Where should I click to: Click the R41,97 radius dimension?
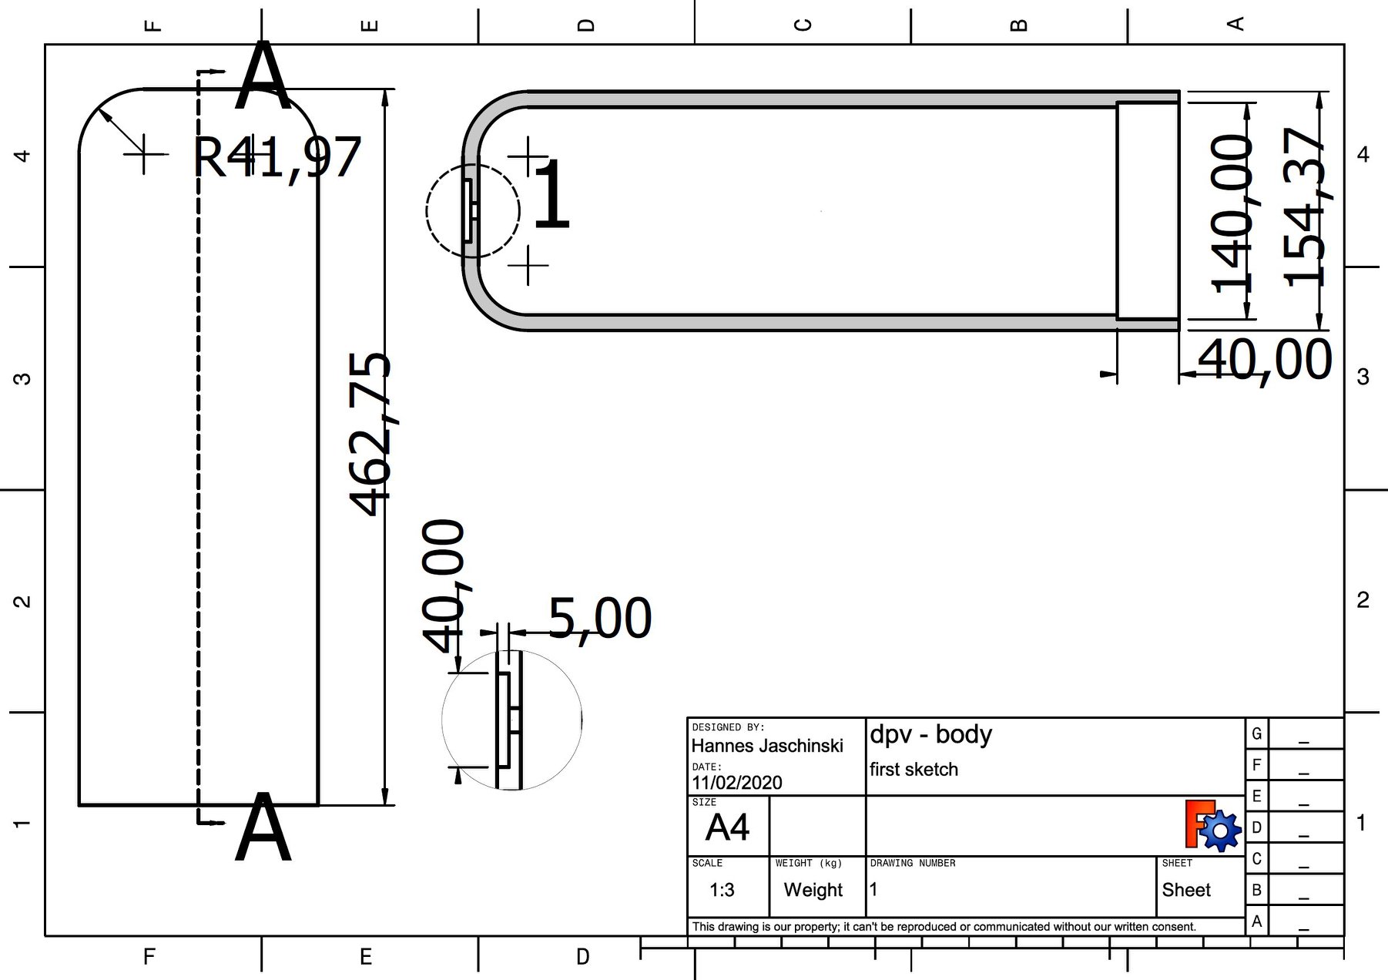[x=277, y=158]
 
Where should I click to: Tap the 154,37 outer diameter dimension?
[x=1304, y=206]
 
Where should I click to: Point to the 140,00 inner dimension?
[x=1231, y=214]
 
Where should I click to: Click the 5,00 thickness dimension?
[x=600, y=619]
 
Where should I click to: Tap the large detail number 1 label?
[x=552, y=195]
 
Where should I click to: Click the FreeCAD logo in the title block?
[x=1212, y=826]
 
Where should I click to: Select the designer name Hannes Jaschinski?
[x=766, y=746]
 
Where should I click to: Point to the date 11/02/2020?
[x=736, y=783]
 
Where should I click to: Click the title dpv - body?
[x=930, y=734]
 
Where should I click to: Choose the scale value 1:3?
[x=722, y=891]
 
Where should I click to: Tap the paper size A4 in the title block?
[x=726, y=827]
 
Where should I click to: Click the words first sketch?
[x=914, y=770]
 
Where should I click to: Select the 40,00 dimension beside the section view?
[x=1264, y=360]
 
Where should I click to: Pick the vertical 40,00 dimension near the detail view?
[x=444, y=586]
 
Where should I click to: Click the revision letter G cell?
[x=1256, y=733]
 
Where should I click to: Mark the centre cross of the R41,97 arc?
[x=144, y=155]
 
